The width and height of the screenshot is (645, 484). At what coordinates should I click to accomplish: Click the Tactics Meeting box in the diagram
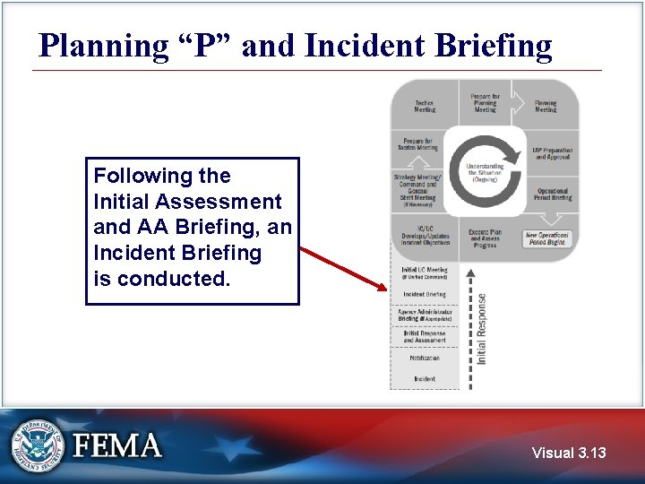coord(425,106)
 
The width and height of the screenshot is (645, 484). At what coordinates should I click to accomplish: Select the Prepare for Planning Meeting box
coord(485,102)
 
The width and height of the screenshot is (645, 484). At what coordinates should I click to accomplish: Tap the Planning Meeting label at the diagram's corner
coord(546,106)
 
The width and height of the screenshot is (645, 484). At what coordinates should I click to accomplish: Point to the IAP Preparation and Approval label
coord(553,154)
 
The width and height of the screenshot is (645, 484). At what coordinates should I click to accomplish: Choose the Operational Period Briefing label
coord(553,194)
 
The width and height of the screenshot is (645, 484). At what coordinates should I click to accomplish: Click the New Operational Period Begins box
coord(546,238)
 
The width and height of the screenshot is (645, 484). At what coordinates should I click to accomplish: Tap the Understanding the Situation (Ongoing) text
coord(485,172)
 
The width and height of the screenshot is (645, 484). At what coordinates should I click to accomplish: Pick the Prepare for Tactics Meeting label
coord(418,143)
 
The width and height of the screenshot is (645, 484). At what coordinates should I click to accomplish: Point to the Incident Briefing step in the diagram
coord(425,294)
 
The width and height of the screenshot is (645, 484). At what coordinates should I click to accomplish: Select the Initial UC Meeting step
coord(425,272)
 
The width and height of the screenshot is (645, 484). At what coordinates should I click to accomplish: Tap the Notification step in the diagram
coord(425,358)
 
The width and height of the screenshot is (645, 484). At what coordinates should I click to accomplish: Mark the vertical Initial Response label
coord(481,328)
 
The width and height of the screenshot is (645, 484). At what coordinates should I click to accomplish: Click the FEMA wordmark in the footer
coord(117,446)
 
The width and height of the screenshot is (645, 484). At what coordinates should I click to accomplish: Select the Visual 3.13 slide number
coord(569,453)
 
